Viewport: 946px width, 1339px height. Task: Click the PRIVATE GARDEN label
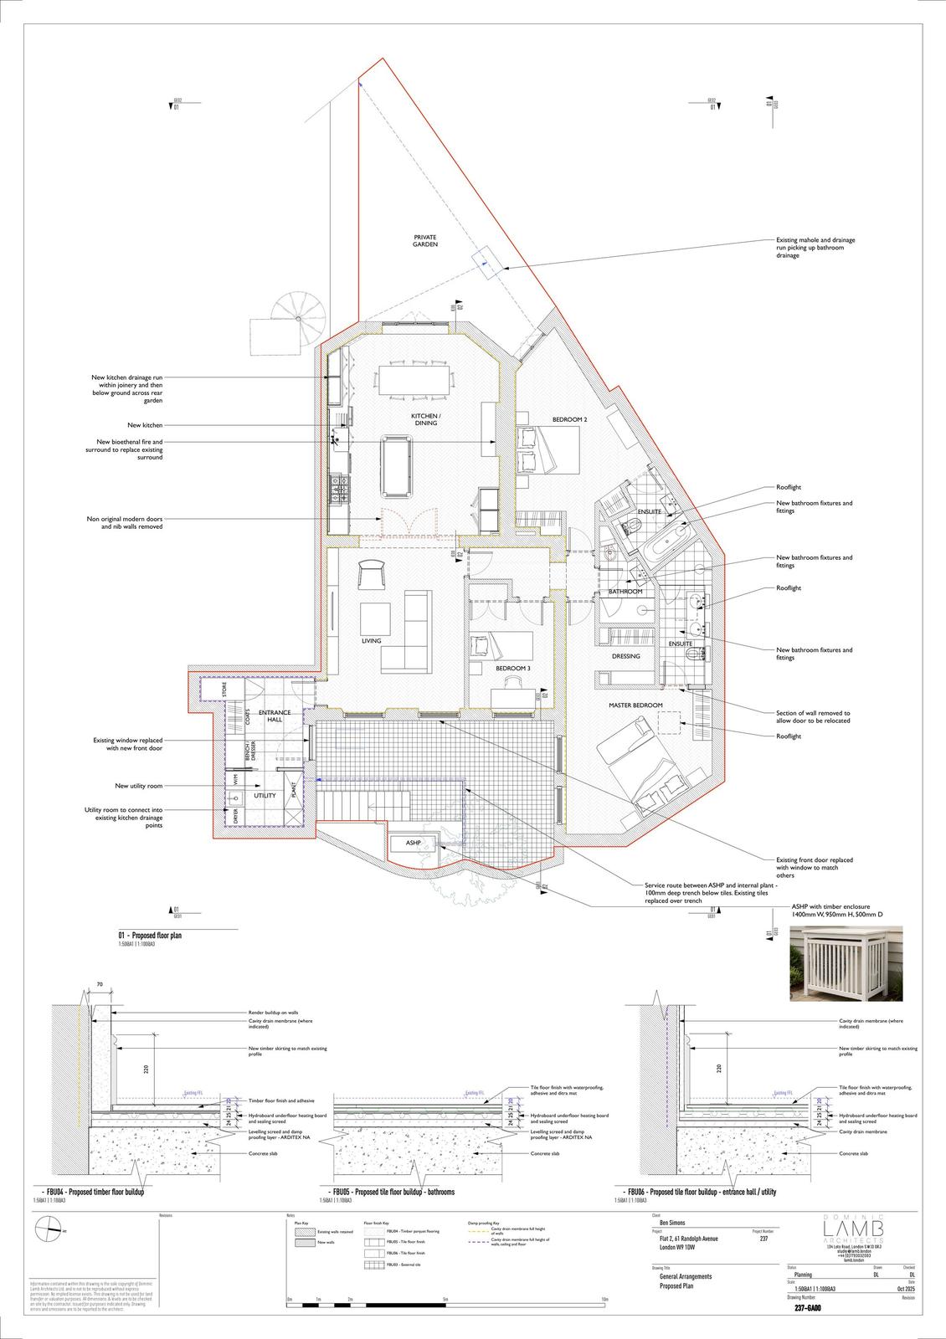425,241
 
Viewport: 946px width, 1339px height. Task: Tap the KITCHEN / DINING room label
425,419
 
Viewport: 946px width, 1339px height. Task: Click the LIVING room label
371,641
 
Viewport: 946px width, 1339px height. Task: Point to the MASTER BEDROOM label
635,705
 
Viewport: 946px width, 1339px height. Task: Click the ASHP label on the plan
413,843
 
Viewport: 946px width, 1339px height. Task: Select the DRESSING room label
625,656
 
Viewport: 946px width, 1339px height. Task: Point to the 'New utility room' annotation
139,786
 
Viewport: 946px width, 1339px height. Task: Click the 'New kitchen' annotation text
145,425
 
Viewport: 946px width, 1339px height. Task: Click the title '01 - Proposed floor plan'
150,936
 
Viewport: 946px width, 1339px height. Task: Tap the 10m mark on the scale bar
604,1299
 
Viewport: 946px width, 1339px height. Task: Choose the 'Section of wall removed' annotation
812,717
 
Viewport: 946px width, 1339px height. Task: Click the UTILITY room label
265,795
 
